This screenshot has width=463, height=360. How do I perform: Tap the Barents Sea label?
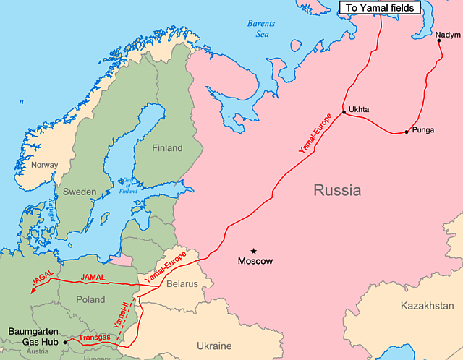(x=261, y=28)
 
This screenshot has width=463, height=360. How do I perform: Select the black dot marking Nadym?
(x=439, y=40)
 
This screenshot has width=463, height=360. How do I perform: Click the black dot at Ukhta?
(x=344, y=113)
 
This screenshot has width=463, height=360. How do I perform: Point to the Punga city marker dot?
(x=407, y=132)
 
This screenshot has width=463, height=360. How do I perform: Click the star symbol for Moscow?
(x=254, y=251)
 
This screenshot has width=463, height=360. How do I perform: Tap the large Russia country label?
(x=336, y=191)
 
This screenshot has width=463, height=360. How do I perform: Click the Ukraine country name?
(x=214, y=346)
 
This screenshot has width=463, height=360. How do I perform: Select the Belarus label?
(x=182, y=284)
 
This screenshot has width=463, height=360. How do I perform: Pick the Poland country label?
(x=90, y=299)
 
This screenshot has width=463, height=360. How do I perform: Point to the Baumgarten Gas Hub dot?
(x=65, y=341)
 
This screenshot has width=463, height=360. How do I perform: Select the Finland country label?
(x=167, y=148)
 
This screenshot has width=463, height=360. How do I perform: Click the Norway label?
(x=45, y=166)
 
